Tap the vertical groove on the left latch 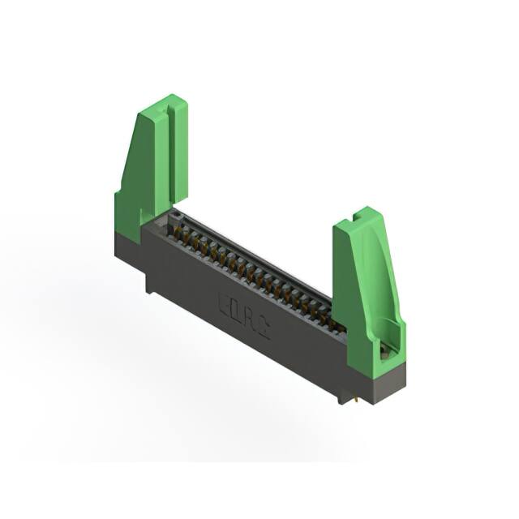pyautogui.click(x=170, y=154)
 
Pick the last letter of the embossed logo pyautogui.click(x=264, y=325)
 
